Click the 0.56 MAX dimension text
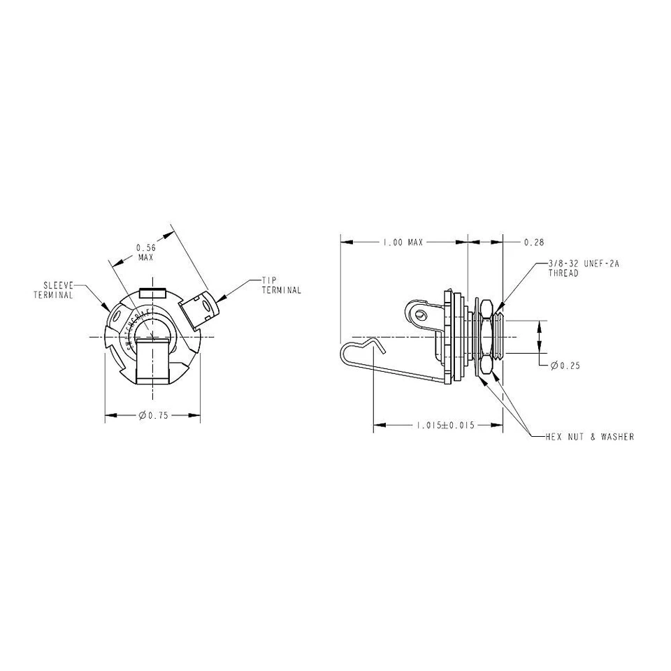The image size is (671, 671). (145, 252)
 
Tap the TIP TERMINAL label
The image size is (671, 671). (282, 285)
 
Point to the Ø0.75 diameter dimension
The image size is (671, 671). (154, 416)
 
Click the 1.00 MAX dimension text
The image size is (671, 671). (402, 242)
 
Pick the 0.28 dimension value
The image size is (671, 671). (533, 242)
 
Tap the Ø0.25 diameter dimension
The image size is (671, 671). (565, 366)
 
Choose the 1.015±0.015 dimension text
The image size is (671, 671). (445, 426)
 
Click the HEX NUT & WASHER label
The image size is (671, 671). (589, 437)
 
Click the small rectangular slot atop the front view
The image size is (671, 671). (152, 292)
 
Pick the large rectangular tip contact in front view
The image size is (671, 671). (152, 359)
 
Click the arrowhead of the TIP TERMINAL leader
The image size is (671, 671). (220, 296)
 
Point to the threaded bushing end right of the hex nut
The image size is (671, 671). (500, 337)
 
